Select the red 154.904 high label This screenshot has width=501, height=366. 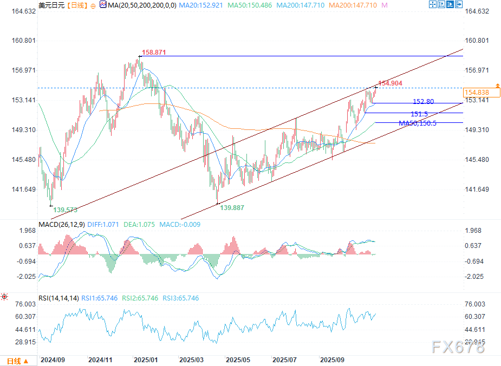point(390,83)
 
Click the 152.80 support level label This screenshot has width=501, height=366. point(423,102)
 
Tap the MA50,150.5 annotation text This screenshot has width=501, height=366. point(418,123)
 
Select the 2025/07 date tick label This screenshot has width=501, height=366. point(284,360)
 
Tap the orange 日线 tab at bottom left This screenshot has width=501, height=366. point(14,361)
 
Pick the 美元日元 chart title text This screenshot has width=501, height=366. point(52,5)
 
